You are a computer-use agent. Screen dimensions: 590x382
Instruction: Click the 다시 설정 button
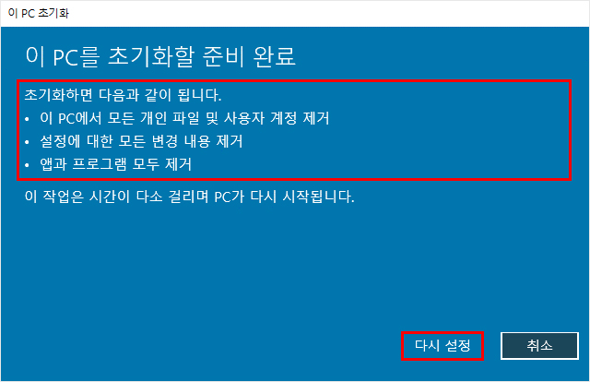[x=442, y=345]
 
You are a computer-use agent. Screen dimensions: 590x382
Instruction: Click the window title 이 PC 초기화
[x=39, y=13]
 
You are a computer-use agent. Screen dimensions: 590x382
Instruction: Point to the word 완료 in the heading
[x=275, y=57]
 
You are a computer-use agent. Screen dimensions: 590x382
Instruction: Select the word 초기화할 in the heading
[x=151, y=57]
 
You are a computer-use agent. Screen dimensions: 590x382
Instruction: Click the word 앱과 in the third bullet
[x=53, y=164]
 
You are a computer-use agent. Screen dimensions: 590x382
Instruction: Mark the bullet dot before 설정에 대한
[x=27, y=142]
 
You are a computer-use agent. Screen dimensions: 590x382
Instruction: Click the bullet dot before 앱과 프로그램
[x=27, y=165]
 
